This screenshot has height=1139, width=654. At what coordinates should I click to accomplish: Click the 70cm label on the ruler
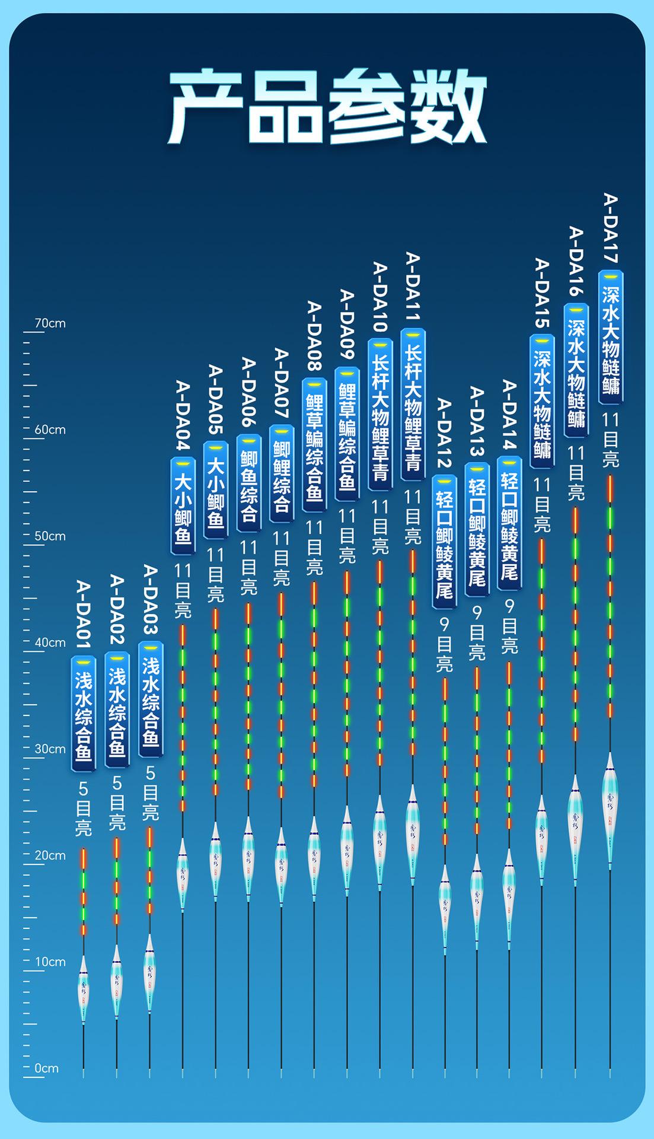[50, 324]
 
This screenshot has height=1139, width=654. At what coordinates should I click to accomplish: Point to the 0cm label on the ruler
[46, 1068]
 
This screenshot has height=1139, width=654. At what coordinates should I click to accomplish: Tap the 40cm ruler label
[50, 642]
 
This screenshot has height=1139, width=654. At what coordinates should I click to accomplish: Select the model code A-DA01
[84, 613]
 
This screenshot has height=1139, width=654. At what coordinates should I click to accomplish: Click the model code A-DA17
[611, 228]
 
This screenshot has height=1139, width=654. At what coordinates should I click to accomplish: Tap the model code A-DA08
[314, 336]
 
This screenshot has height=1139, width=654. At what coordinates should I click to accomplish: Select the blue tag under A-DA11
[413, 405]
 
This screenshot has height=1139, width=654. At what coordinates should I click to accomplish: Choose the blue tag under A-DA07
[282, 473]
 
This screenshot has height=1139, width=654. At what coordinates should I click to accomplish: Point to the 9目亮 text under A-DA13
[477, 633]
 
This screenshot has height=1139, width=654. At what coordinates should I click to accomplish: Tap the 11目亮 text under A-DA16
[576, 473]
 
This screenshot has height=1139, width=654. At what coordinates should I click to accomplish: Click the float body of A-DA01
[84, 988]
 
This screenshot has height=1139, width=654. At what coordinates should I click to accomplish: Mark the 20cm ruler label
[50, 855]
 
